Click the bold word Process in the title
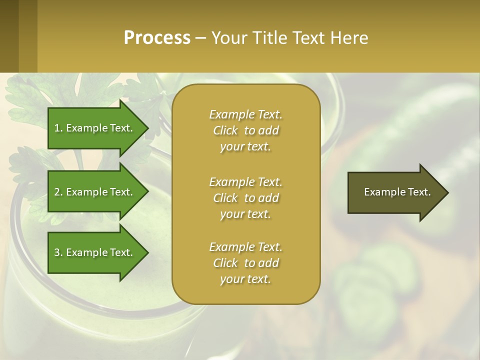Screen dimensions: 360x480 tap(157, 38)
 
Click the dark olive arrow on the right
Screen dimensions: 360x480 tap(390, 192)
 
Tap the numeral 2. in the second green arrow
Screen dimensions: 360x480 tap(58, 192)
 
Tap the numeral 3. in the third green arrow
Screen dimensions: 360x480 tap(58, 252)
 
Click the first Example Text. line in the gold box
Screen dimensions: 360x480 tap(245, 114)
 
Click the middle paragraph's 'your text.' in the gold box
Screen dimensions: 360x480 tap(245, 214)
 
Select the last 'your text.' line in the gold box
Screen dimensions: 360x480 tap(245, 279)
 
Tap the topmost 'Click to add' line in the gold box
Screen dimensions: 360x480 tap(245, 130)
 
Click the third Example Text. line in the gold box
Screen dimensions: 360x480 tap(245, 247)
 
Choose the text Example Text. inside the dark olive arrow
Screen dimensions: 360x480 tap(397, 192)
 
